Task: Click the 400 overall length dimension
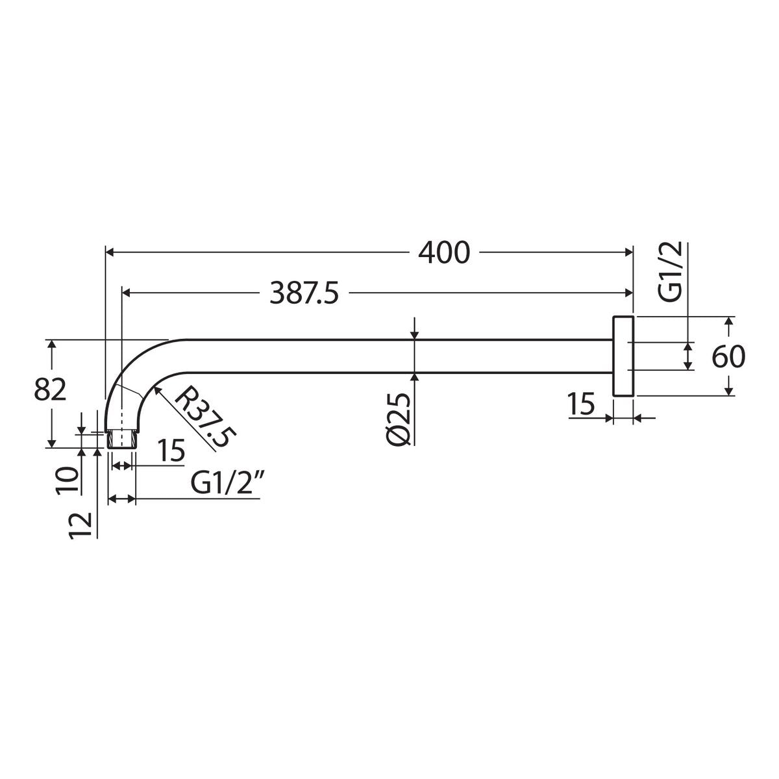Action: (x=444, y=253)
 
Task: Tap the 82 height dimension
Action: (x=50, y=390)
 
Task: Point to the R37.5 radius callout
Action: (x=205, y=417)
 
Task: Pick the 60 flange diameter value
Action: (x=728, y=356)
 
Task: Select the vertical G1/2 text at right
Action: (x=671, y=271)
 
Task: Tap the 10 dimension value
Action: (x=67, y=480)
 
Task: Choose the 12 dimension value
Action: (x=80, y=526)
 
